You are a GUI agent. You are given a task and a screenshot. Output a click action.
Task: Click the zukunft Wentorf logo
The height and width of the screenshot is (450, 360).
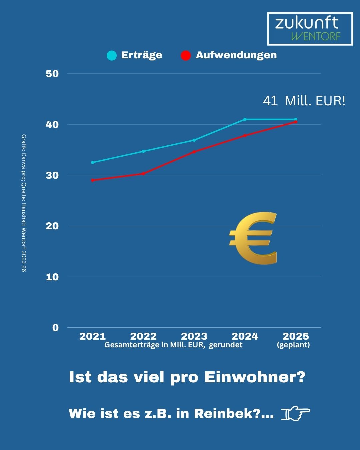click(x=310, y=29)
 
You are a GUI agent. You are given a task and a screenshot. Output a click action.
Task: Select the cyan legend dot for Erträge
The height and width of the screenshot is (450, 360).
click(x=112, y=55)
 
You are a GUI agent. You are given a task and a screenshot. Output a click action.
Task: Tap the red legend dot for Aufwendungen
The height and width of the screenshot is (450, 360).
click(x=186, y=55)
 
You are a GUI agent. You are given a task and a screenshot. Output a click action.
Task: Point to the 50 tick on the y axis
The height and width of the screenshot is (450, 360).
click(x=52, y=74)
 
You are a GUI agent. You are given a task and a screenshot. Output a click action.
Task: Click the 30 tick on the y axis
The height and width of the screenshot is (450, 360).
click(x=52, y=175)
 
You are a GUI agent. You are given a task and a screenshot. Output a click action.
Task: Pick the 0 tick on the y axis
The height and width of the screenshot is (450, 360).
click(x=55, y=328)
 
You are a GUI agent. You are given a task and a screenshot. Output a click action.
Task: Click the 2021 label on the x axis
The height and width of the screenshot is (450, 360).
click(x=92, y=336)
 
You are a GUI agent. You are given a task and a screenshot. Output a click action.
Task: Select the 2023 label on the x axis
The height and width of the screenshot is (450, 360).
click(x=194, y=336)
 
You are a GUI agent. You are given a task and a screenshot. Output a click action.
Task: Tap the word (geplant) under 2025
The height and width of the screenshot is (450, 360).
click(x=293, y=345)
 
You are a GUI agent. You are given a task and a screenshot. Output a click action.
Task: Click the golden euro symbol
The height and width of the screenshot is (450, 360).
click(x=253, y=238)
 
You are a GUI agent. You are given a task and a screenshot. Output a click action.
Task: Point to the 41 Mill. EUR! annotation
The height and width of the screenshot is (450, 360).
click(x=304, y=101)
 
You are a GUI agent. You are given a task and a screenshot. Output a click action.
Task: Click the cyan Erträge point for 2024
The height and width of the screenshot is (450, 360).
click(x=245, y=119)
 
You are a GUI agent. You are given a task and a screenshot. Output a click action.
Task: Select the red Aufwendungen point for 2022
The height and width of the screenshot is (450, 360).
click(x=143, y=174)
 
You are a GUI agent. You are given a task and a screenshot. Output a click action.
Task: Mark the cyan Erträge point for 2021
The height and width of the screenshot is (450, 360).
click(x=93, y=162)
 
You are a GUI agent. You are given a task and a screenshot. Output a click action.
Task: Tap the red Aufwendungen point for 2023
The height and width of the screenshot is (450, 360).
click(x=194, y=152)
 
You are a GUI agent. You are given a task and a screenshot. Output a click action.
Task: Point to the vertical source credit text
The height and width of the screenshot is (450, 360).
click(x=24, y=203)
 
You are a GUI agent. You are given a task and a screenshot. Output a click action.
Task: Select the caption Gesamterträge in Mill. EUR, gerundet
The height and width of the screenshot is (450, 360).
click(x=173, y=345)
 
